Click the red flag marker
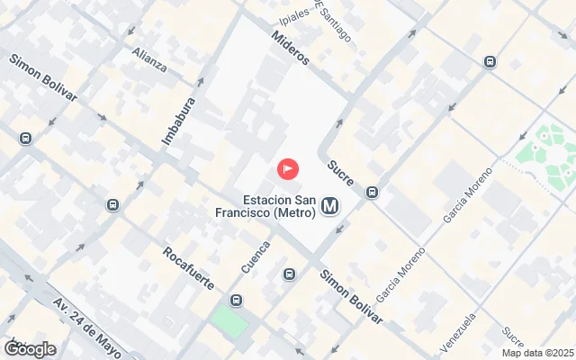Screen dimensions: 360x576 point(287,168)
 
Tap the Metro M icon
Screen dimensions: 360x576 point(330,207)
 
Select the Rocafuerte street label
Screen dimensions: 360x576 point(189,267)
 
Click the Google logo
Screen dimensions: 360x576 point(30,348)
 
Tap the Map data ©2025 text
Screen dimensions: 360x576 point(537,353)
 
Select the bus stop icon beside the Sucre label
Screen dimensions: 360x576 point(372,192)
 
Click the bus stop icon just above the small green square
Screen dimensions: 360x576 point(236,301)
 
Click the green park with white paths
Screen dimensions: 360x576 point(546,152)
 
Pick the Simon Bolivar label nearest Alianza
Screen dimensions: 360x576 point(43,78)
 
